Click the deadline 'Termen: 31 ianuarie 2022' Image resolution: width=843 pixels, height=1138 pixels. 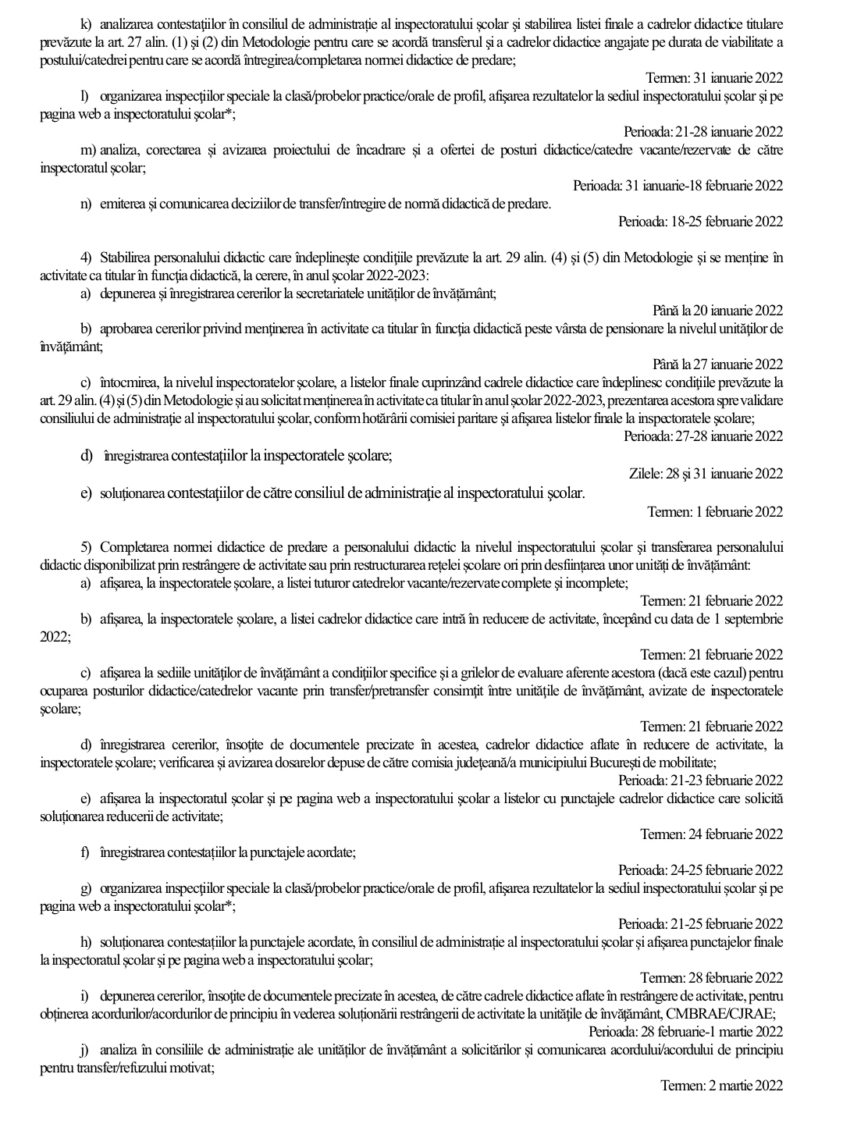(714, 78)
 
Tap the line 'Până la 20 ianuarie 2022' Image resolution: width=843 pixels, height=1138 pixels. (717, 311)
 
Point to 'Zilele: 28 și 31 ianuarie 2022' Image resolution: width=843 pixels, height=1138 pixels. (705, 474)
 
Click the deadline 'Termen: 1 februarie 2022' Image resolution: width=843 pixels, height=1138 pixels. (714, 512)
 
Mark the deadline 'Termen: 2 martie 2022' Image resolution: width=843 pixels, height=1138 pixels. (720, 1086)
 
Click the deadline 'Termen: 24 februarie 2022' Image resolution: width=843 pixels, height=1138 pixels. (711, 834)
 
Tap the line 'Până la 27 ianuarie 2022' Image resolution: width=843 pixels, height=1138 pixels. (717, 365)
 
